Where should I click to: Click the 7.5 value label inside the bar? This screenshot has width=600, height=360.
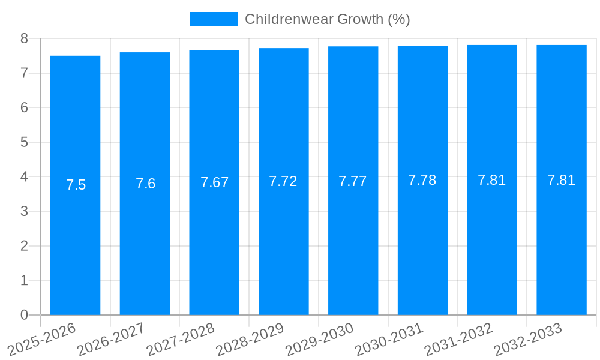pos(76,185)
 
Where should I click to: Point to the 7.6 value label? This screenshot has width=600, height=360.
pos(145,184)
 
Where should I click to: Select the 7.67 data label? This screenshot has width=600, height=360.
pos(214,182)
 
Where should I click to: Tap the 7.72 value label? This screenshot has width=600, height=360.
pos(283,181)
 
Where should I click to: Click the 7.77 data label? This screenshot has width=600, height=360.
pos(353,181)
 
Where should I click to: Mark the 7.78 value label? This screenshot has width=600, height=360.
pos(422,180)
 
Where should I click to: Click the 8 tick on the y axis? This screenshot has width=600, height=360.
pos(24,38)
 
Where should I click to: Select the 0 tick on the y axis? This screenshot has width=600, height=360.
pos(24,315)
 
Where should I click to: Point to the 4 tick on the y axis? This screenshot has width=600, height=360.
pos(24,177)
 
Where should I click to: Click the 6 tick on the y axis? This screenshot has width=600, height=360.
pos(24,107)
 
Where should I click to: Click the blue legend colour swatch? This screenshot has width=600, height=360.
pos(213,19)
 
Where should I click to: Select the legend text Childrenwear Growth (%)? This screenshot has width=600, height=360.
pos(328,19)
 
